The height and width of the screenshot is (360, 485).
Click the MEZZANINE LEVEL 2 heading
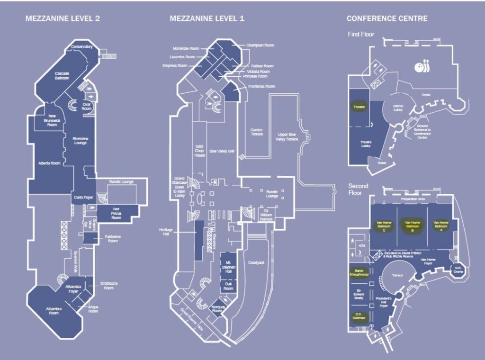62,19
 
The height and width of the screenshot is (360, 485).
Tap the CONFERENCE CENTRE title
387,19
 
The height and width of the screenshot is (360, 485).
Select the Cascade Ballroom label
62,75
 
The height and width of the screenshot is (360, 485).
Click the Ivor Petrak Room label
117,213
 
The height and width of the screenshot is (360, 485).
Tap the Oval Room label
86,106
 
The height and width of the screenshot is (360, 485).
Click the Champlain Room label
260,45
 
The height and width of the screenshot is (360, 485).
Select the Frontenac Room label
262,87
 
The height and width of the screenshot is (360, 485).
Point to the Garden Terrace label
257,132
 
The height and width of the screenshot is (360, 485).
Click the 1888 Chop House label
199,150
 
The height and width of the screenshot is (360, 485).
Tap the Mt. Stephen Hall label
228,266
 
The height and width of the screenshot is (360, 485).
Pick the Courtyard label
256,262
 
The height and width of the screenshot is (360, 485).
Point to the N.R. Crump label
458,270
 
